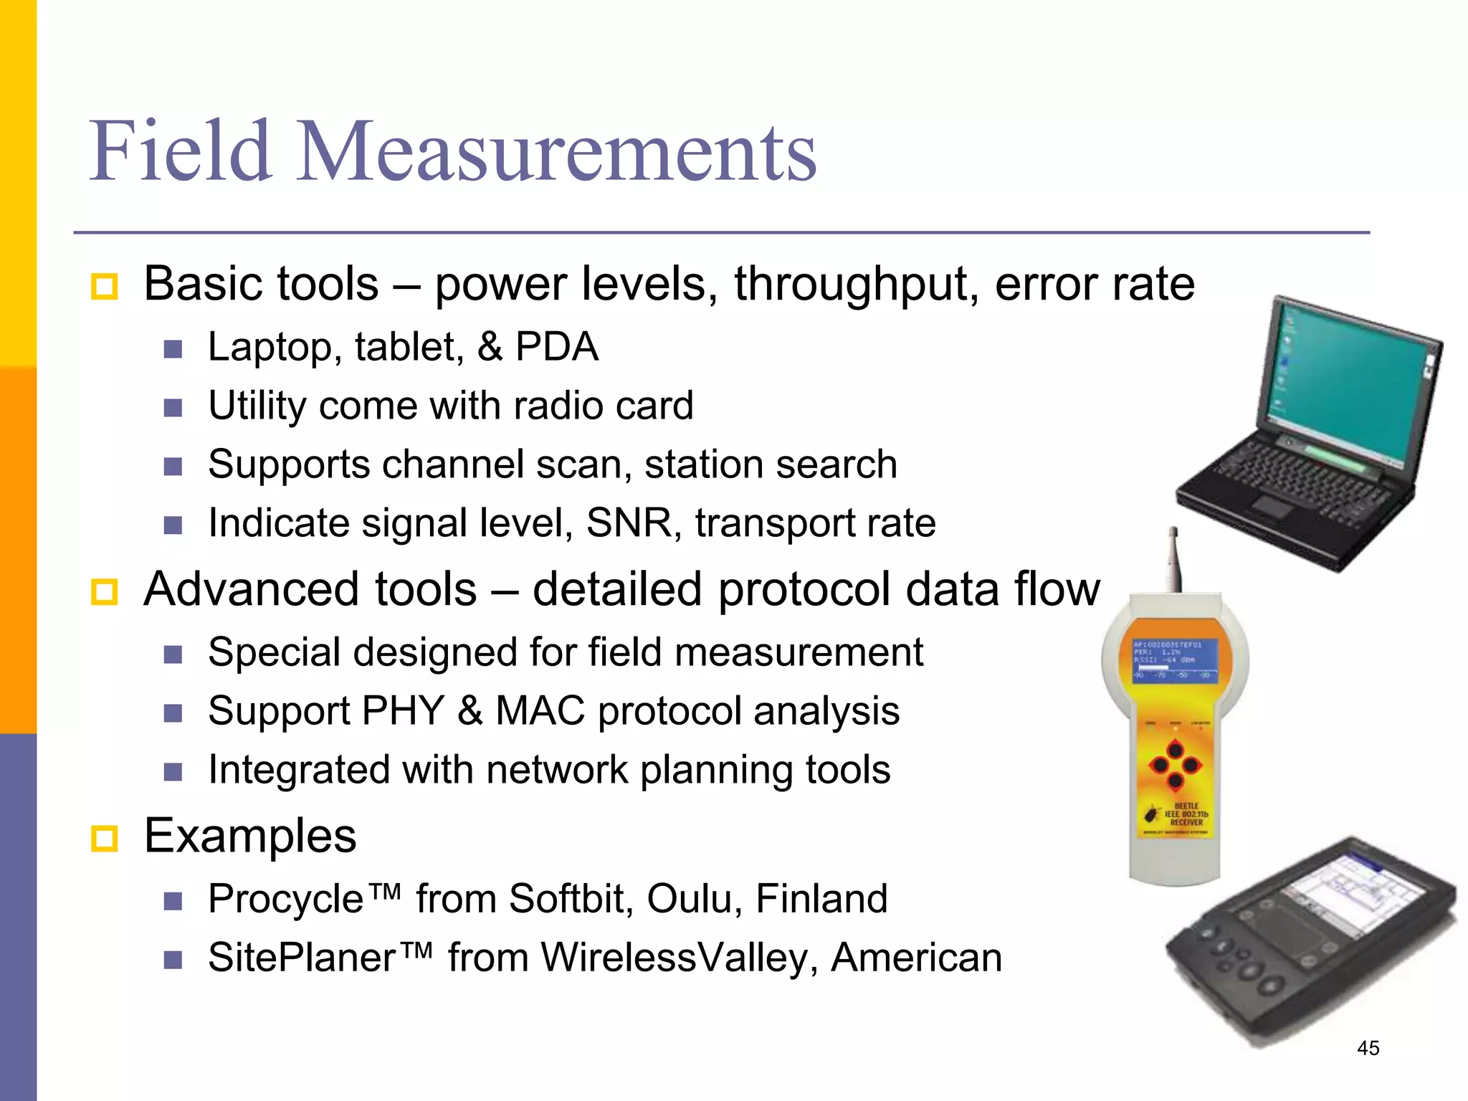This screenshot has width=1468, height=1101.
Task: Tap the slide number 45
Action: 1368,1048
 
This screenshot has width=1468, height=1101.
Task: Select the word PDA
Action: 557,348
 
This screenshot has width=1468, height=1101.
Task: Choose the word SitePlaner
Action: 302,958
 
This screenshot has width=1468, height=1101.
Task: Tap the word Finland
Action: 821,899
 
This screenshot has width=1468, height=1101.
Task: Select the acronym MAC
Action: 540,711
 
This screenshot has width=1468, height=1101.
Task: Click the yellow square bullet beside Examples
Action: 105,838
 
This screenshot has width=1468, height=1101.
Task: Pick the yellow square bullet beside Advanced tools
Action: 105,592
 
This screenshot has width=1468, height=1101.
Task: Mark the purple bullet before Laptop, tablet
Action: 173,349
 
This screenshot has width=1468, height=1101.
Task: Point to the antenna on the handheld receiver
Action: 1174,559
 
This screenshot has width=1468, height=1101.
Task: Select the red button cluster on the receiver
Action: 1176,766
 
